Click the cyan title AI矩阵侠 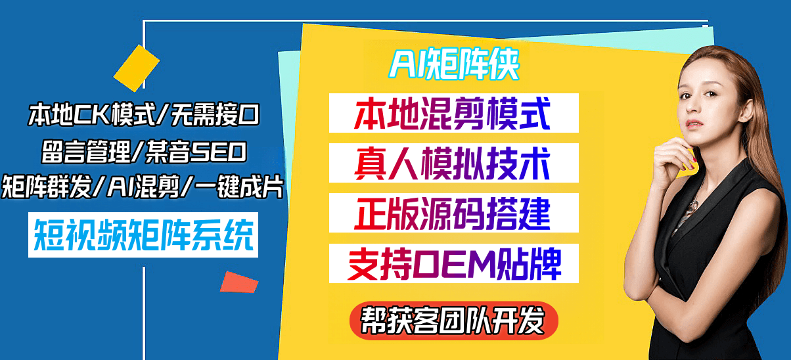tap(454, 64)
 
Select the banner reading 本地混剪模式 tap(454, 113)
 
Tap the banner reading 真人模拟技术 tap(454, 163)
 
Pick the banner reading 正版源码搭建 tap(454, 213)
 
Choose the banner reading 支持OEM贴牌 tap(454, 263)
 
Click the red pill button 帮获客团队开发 tap(454, 321)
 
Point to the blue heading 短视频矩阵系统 tap(143, 235)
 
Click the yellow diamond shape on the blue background tap(136, 68)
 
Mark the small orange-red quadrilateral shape tap(239, 282)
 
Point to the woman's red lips tap(694, 124)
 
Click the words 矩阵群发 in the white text tap(46, 187)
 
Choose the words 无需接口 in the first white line tap(215, 115)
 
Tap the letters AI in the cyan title tap(405, 65)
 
